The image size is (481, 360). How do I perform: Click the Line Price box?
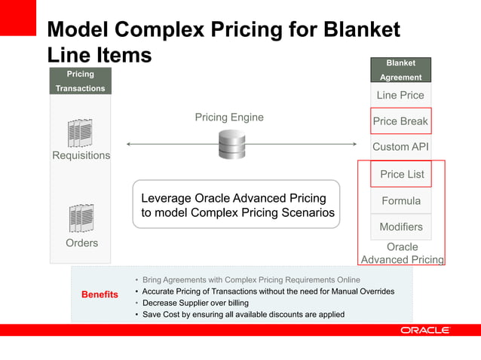[x=400, y=96]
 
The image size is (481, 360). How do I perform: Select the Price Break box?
[x=400, y=121]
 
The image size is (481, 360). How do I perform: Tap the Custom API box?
[x=400, y=148]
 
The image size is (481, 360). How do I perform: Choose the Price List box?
[x=402, y=174]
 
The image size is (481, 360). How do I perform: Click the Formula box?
[x=400, y=201]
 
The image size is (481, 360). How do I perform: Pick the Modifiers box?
[x=400, y=227]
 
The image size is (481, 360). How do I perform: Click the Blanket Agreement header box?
[x=400, y=70]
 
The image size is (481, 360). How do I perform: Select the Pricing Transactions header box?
[x=81, y=81]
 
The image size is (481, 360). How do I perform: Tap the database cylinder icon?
[x=231, y=144]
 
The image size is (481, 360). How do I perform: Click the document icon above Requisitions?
[x=80, y=133]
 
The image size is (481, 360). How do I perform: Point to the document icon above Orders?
[x=81, y=218]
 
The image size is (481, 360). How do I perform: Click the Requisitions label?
[x=81, y=156]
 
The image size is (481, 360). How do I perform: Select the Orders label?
[x=81, y=243]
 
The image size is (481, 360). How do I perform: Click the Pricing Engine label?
[x=229, y=117]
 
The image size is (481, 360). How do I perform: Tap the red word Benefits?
[x=100, y=294]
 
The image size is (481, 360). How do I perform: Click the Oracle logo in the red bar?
[x=424, y=330]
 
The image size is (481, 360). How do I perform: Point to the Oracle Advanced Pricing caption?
[x=402, y=253]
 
